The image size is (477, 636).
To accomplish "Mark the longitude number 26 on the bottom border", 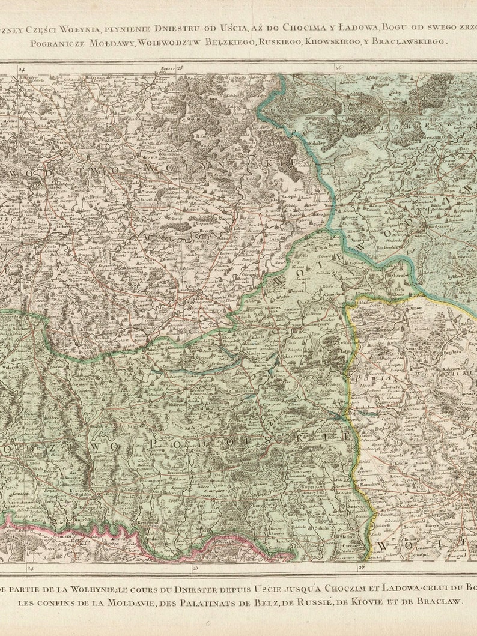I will coord(361,567).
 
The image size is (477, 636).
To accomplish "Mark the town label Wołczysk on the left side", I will coord(11,366).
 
